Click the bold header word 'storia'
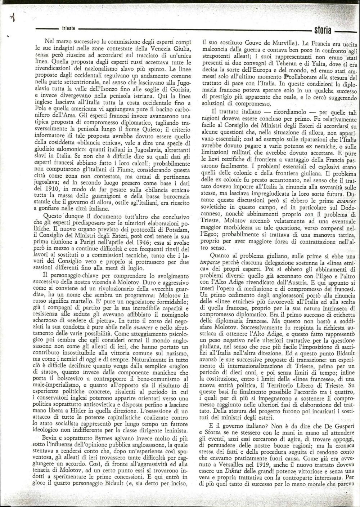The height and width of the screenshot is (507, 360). [x=323, y=30]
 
